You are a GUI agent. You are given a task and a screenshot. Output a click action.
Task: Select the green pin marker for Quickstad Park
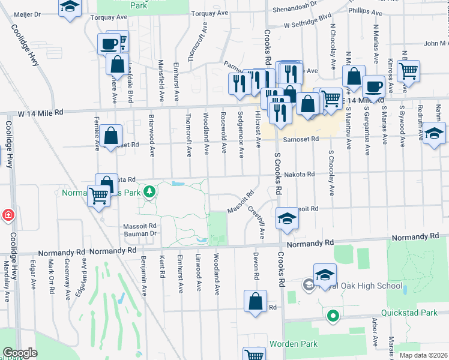coord(331,314)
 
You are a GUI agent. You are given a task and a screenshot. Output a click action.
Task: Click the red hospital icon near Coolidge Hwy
coord(7,215)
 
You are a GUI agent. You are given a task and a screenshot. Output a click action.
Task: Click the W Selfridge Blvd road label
coord(308,24)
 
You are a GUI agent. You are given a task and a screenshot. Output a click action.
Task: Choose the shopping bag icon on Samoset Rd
coord(112,136)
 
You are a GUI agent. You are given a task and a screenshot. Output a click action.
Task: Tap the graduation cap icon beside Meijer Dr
coord(70,7)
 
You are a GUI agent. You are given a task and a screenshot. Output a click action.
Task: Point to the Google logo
coord(20,353)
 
